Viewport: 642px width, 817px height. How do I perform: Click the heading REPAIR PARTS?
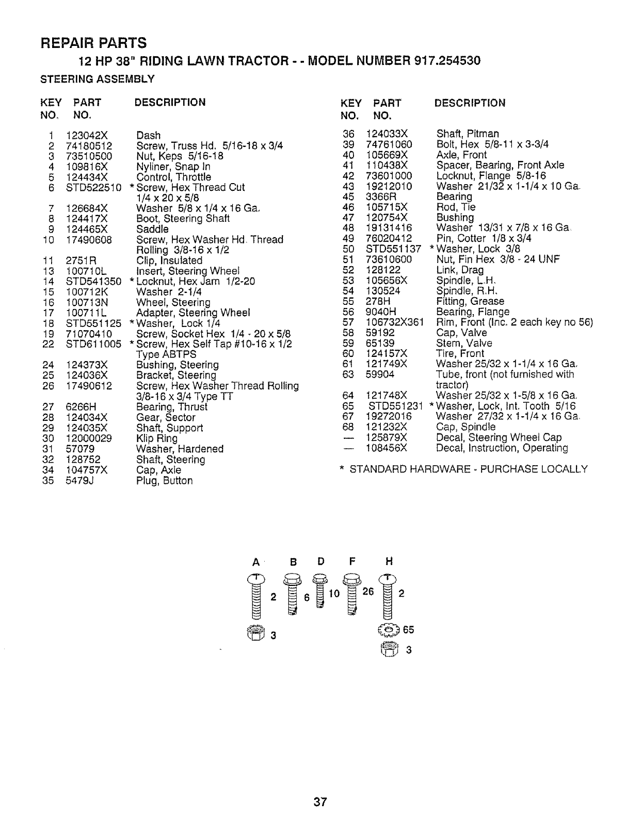(x=93, y=42)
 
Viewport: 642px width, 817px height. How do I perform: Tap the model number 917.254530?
(x=447, y=61)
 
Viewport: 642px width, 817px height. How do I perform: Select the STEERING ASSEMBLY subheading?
(x=98, y=79)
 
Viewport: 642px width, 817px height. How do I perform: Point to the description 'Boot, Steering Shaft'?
(x=183, y=219)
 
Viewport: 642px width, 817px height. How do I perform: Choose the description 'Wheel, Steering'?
(x=173, y=302)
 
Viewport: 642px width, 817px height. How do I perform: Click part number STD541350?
(x=93, y=282)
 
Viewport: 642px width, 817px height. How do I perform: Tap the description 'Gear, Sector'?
(x=166, y=417)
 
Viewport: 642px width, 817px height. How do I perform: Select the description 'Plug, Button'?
(x=164, y=481)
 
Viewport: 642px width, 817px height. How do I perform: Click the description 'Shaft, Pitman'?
(x=468, y=134)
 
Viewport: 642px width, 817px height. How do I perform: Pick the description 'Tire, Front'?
(x=460, y=354)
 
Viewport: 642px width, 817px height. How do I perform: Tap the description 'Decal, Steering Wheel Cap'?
(x=499, y=437)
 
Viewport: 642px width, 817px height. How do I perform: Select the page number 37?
(x=320, y=802)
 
